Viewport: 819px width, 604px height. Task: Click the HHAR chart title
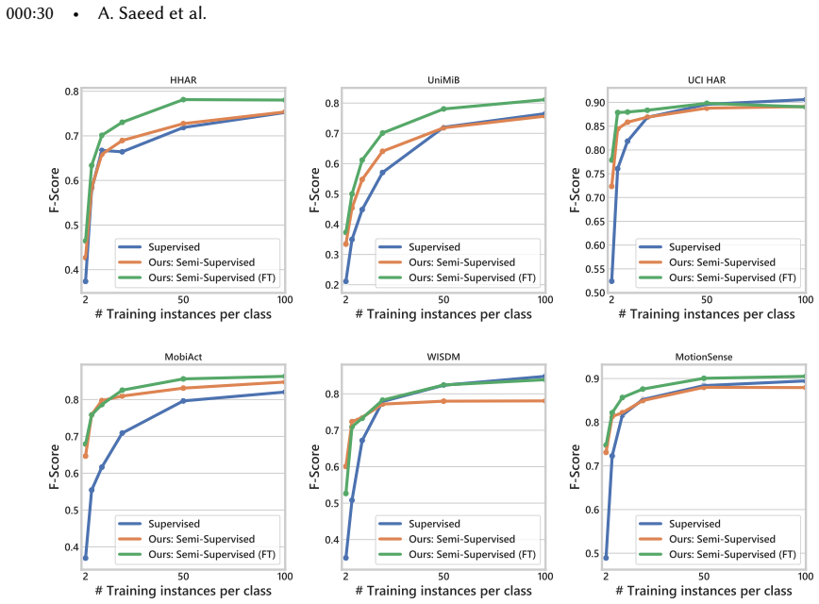pyautogui.click(x=183, y=80)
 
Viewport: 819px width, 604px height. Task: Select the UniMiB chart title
pyautogui.click(x=443, y=80)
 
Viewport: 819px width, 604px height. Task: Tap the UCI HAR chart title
pyautogui.click(x=707, y=80)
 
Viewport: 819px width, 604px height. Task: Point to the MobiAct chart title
pyautogui.click(x=183, y=357)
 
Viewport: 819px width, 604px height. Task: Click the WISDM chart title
pyautogui.click(x=443, y=357)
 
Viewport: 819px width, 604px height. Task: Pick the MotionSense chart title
pyautogui.click(x=704, y=357)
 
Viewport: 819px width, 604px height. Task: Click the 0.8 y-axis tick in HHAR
pyautogui.click(x=72, y=92)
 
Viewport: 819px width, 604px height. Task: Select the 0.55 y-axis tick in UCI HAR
pyautogui.click(x=595, y=269)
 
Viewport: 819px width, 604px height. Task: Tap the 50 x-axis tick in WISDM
pyautogui.click(x=443, y=577)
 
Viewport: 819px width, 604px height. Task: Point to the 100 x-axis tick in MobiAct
pyautogui.click(x=285, y=577)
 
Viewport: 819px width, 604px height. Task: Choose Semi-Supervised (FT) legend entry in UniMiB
pyautogui.click(x=457, y=277)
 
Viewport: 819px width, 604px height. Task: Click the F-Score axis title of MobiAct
pyautogui.click(x=54, y=466)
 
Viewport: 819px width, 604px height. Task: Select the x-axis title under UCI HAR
pyautogui.click(x=707, y=314)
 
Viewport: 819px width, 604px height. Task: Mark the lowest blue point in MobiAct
pyautogui.click(x=85, y=558)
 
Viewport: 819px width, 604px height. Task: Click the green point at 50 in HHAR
pyautogui.click(x=183, y=99)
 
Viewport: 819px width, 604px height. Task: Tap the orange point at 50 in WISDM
pyautogui.click(x=443, y=401)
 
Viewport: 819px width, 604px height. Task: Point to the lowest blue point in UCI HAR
pyautogui.click(x=611, y=281)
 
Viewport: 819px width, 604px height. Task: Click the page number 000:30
pyautogui.click(x=30, y=13)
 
